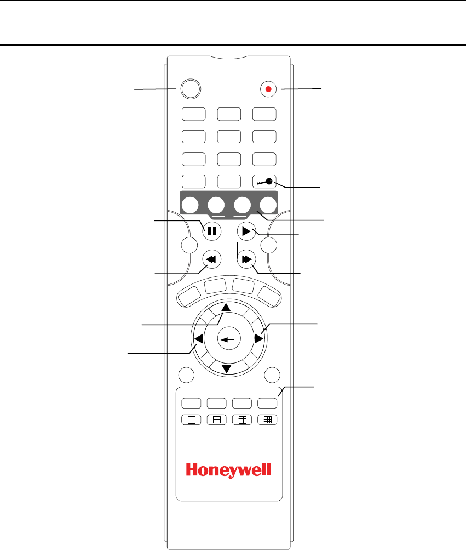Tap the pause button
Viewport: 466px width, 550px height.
coord(211,231)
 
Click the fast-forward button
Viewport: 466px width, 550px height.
coord(246,258)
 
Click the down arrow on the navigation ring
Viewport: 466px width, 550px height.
coord(226,369)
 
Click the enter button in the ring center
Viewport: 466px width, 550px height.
coord(226,339)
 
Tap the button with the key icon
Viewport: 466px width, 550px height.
coord(264,182)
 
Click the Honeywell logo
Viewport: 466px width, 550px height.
coord(229,470)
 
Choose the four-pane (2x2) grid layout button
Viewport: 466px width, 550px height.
coord(216,419)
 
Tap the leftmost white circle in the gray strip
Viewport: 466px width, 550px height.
coord(188,205)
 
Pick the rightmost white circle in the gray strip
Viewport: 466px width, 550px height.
coord(268,205)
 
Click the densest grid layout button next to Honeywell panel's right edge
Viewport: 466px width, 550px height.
coord(268,419)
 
